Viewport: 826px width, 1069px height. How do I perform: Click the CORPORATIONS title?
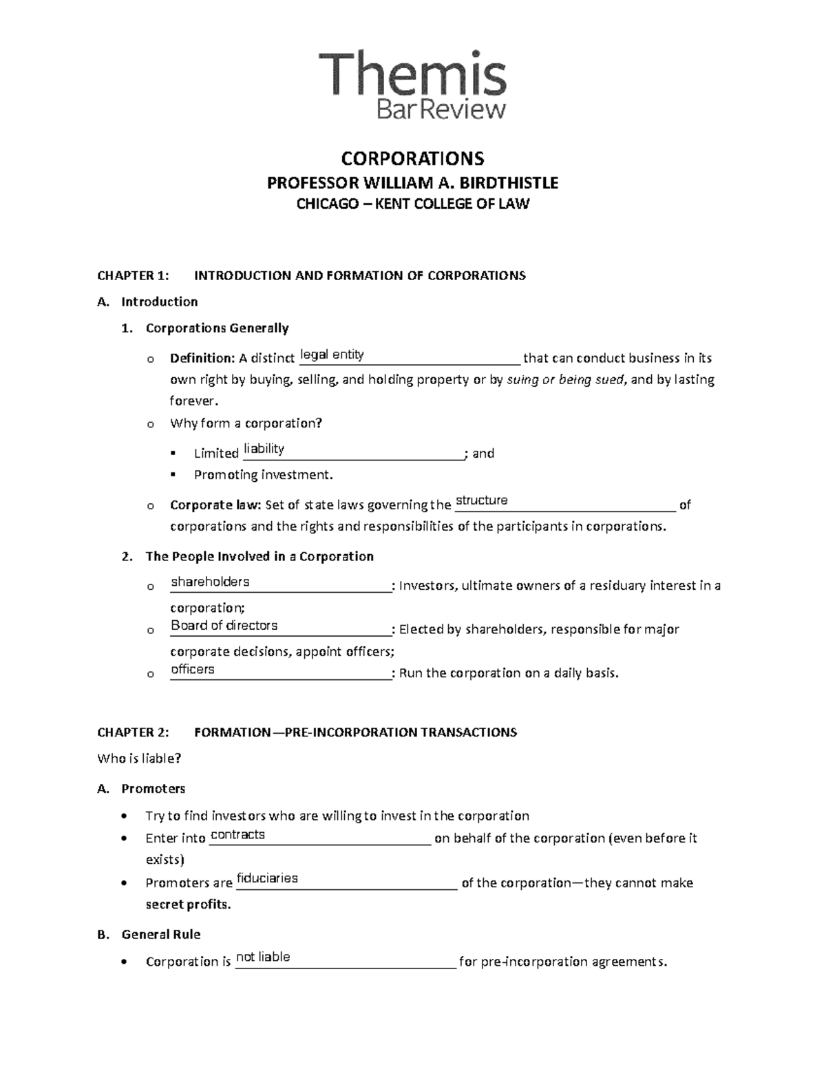click(x=412, y=158)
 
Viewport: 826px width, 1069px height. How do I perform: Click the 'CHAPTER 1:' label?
click(x=133, y=276)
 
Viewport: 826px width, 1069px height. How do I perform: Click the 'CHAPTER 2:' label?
click(x=133, y=732)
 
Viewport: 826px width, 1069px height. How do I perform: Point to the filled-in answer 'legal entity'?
click(x=332, y=354)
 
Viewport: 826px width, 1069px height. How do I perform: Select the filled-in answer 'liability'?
click(x=264, y=449)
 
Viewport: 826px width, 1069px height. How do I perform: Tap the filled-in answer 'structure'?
click(x=481, y=500)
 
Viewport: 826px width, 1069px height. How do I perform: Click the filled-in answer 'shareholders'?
click(x=210, y=582)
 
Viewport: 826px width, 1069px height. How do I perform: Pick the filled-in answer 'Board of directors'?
click(x=224, y=626)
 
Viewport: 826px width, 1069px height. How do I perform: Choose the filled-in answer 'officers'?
click(x=192, y=669)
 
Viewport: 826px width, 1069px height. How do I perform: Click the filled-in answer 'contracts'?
click(x=237, y=834)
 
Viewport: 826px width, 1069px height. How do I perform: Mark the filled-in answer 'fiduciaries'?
click(x=267, y=878)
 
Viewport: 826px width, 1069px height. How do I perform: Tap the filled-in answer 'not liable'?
click(x=263, y=957)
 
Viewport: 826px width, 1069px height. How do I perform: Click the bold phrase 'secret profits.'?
click(x=188, y=904)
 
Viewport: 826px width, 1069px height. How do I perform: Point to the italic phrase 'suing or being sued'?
click(x=566, y=379)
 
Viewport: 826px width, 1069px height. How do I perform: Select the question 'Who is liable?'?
click(x=139, y=759)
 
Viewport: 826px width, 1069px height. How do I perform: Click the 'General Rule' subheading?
click(x=160, y=934)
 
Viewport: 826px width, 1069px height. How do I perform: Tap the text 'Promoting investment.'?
click(x=263, y=475)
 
